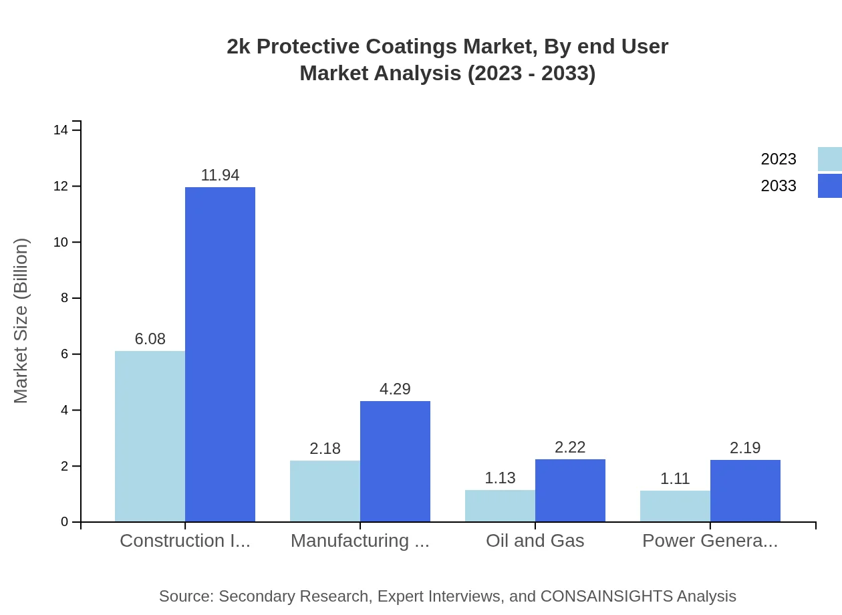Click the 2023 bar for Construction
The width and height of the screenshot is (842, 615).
point(150,436)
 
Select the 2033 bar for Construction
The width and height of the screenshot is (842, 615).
point(220,354)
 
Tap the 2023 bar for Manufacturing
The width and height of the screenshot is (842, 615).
point(325,491)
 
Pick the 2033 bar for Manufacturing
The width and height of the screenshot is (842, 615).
point(395,461)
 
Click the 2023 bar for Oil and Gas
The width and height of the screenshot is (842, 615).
point(500,505)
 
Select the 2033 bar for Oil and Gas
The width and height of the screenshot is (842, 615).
point(570,490)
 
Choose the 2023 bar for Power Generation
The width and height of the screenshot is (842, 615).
point(675,506)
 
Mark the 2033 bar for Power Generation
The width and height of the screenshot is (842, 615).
point(745,491)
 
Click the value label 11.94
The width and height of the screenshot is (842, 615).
point(220,175)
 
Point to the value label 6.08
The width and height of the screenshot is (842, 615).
point(150,339)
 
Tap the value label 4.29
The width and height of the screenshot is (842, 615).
point(395,389)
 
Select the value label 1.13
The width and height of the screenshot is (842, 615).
point(500,478)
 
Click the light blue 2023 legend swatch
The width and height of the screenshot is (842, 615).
point(829,159)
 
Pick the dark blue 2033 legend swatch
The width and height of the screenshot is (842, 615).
point(829,186)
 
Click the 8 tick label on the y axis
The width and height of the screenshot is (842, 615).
point(64,298)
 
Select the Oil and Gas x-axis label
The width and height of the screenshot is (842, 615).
point(535,541)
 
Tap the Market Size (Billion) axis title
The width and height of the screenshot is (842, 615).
point(21,321)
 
